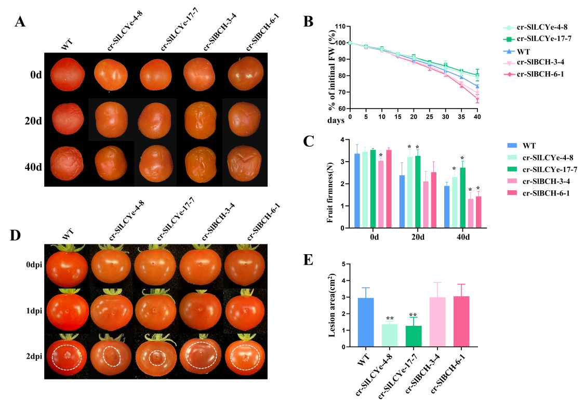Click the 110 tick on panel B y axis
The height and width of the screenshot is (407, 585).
coord(340,26)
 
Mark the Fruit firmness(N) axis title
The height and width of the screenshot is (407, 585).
coord(329,184)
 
